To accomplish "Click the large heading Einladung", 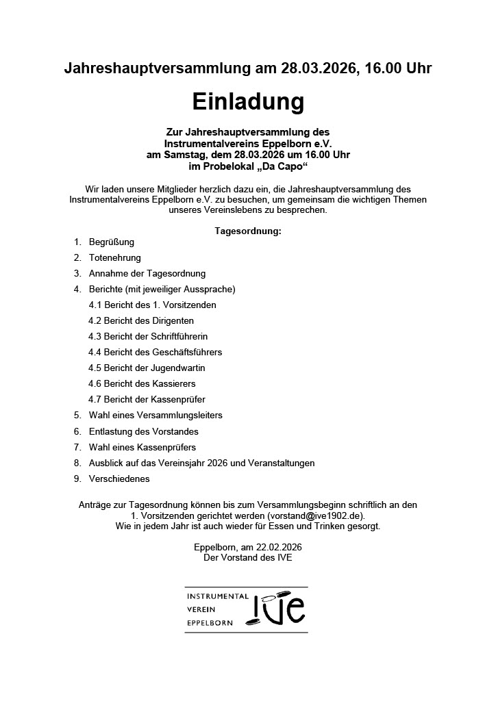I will [247, 102].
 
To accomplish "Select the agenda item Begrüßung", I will [112, 242].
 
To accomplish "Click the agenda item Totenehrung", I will [115, 257].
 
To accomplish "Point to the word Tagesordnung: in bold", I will [248, 231].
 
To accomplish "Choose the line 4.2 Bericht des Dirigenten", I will [141, 320].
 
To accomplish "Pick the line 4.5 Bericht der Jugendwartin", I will [147, 368].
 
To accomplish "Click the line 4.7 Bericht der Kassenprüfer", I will [147, 399].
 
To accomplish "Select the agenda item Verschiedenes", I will [119, 479].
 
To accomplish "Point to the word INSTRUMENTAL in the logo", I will [218, 596].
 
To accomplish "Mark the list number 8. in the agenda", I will [77, 463].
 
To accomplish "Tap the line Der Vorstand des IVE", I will [248, 558].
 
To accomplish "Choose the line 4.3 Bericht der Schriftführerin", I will [148, 336].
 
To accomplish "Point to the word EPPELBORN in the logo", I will [210, 623].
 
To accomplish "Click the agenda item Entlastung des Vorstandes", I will [144, 431].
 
